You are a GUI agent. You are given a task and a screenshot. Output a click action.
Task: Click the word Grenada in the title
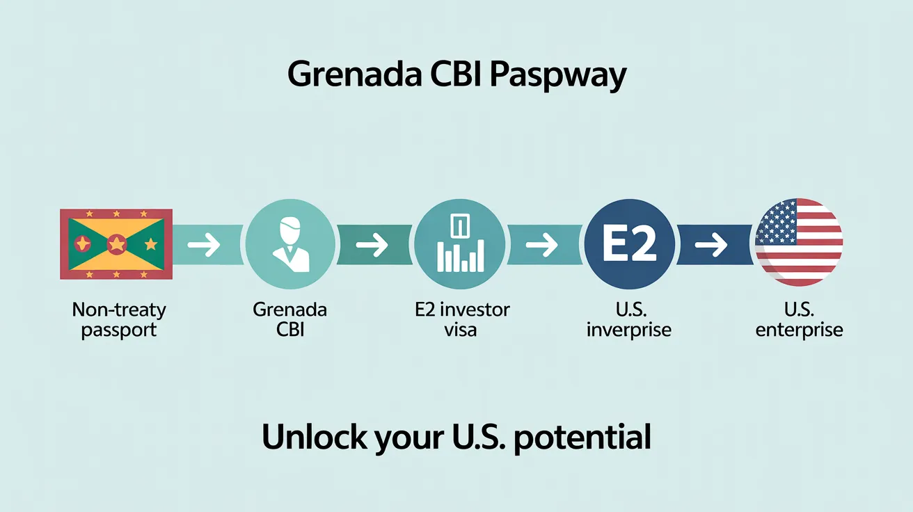pos(355,74)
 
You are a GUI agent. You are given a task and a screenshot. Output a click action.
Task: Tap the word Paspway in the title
pos(558,76)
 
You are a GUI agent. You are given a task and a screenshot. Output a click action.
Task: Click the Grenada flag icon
pos(116,244)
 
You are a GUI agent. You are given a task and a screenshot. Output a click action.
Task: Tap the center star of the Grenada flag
pos(117,244)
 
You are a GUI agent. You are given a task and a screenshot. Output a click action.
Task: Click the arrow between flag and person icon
pos(204,245)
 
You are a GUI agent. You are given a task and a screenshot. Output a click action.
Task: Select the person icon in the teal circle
pos(290,244)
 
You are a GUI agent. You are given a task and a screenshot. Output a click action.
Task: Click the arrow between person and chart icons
pos(372,245)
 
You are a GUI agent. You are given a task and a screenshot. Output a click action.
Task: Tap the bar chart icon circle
pos(460,244)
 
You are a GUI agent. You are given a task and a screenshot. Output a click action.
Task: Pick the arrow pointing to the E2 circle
pos(541,245)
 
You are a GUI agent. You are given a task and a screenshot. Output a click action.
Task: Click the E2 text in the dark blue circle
pos(629,244)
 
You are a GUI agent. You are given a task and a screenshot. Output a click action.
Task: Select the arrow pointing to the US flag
pos(711,245)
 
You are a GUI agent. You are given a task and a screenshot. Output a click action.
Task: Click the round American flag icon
pos(799,243)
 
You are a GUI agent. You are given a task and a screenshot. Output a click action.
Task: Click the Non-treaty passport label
pos(119,320)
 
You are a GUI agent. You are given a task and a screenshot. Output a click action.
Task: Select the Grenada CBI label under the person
pos(289,319)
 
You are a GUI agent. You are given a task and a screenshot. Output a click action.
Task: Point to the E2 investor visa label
pos(462,319)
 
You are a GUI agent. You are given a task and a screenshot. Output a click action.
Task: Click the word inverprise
pos(629,330)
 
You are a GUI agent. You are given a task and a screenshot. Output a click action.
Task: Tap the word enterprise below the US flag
pos(800,330)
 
